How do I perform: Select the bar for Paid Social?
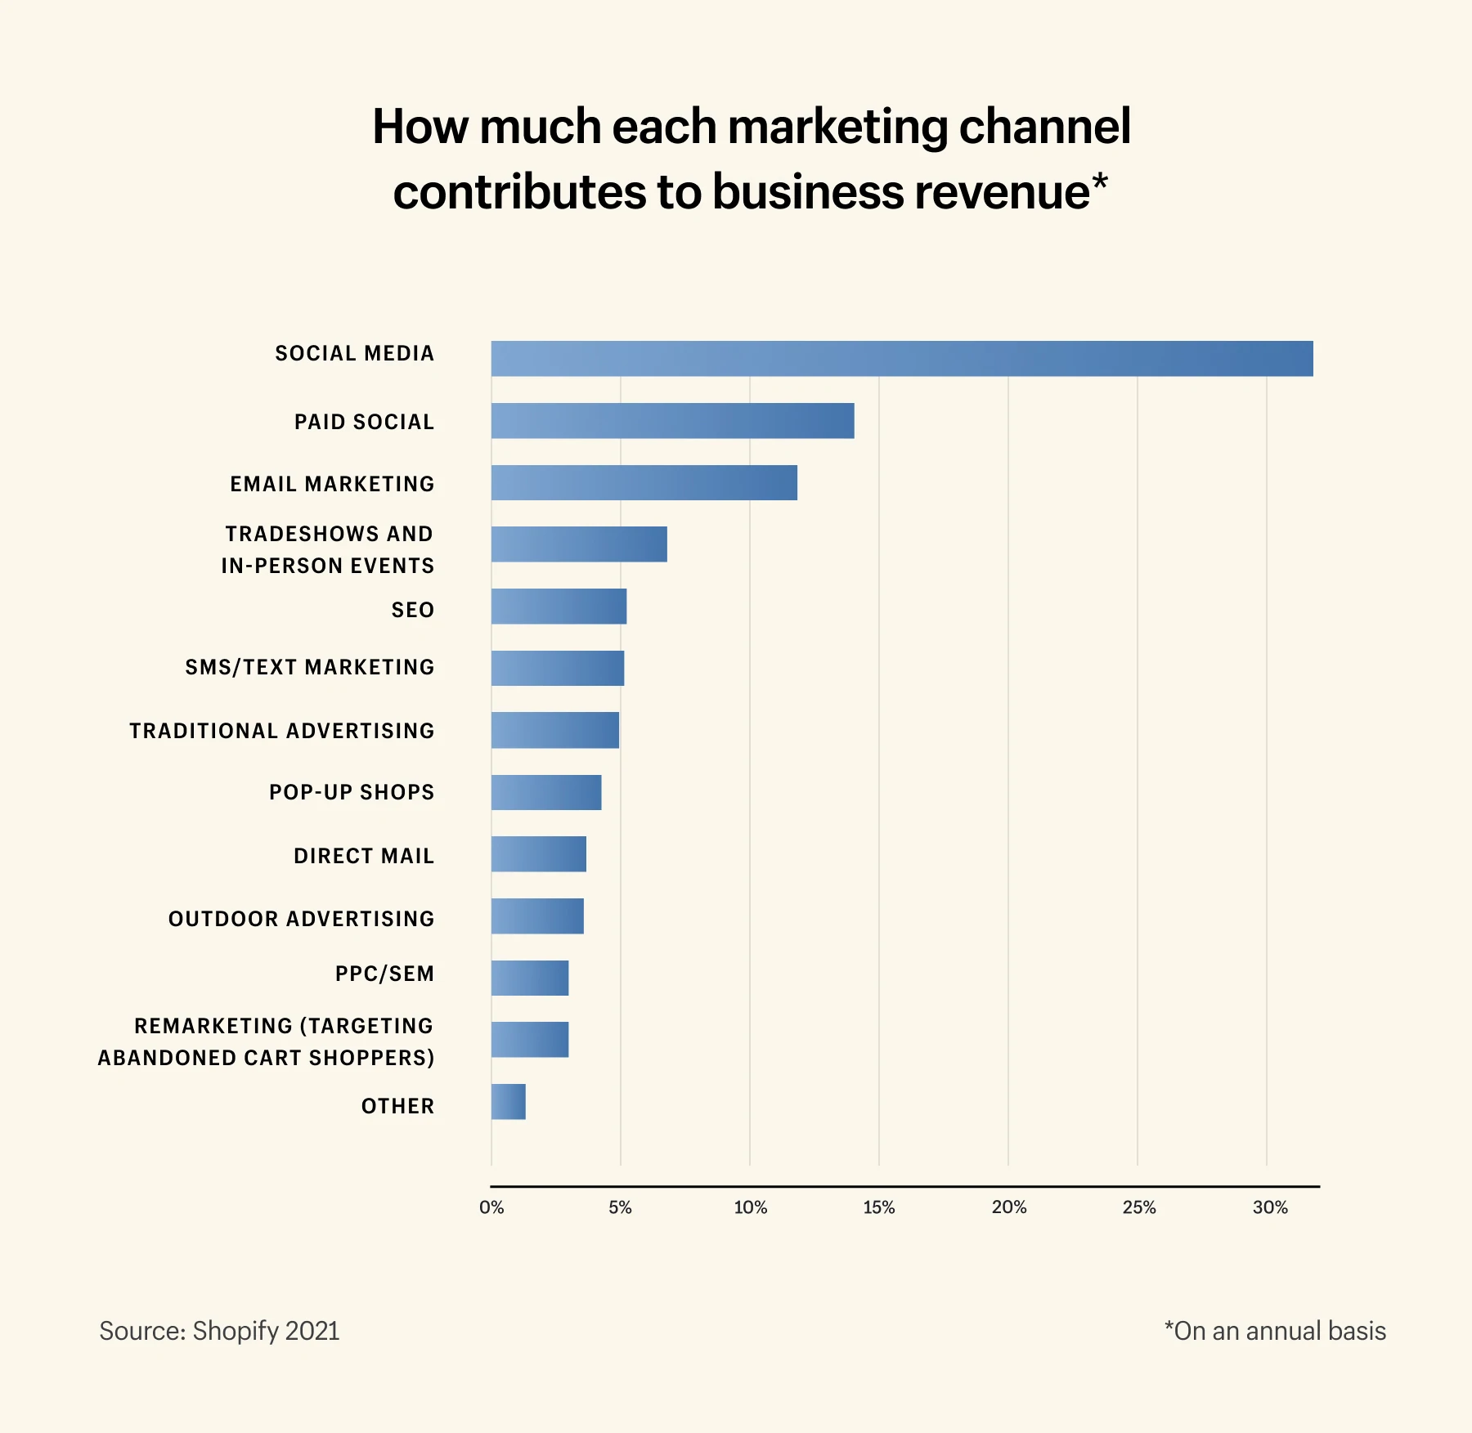tap(672, 421)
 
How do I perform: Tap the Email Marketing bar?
tap(644, 483)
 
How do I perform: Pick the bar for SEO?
tap(559, 607)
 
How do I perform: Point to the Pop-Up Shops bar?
tap(546, 792)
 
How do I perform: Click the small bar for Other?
tap(508, 1102)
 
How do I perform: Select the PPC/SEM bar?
tap(530, 978)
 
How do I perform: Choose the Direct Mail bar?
tap(539, 854)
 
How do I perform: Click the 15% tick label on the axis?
tap(879, 1207)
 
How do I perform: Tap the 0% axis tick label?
tap(491, 1207)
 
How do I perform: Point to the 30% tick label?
tap(1270, 1207)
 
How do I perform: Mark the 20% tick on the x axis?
tap(1009, 1207)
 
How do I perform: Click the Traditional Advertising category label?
tap(282, 731)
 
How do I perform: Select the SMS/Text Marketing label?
tap(310, 667)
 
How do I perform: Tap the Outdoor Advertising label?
tap(302, 919)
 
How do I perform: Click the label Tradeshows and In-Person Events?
tap(328, 549)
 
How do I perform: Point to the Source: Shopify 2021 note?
tap(219, 1331)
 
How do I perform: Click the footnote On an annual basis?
tap(1275, 1331)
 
